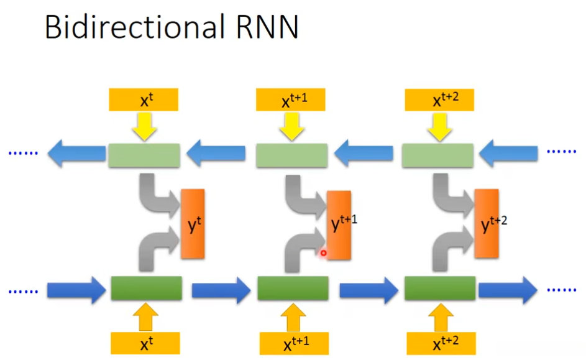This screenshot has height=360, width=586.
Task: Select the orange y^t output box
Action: point(193,224)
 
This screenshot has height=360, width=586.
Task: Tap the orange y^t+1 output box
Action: point(339,225)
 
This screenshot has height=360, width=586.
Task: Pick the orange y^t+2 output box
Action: point(487,224)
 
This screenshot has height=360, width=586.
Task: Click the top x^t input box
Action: point(144,99)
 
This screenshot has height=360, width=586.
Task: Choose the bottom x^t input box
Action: point(145,343)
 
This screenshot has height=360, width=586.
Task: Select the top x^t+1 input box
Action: point(290,99)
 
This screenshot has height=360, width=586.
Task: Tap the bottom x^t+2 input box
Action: point(441,343)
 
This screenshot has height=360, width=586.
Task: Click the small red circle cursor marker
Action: point(323,253)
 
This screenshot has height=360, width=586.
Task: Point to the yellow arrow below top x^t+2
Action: point(439,127)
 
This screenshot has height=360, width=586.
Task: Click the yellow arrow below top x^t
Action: point(144,127)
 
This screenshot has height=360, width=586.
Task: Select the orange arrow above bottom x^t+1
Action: point(293,317)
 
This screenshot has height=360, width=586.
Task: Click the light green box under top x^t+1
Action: point(292,155)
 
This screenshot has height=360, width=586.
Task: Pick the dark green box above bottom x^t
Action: point(147,288)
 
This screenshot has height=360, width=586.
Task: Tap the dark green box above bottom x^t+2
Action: point(440,288)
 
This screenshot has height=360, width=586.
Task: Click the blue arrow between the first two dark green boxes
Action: point(221,290)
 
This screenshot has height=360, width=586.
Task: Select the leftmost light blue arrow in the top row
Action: point(77,154)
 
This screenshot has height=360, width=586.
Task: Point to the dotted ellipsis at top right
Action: point(561,152)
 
